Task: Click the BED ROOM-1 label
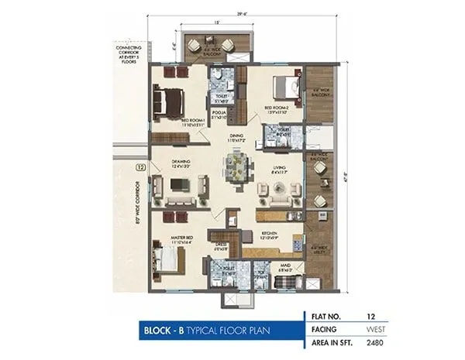pos(192,122)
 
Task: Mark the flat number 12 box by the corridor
pos(140,166)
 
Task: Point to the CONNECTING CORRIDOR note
pos(129,47)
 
